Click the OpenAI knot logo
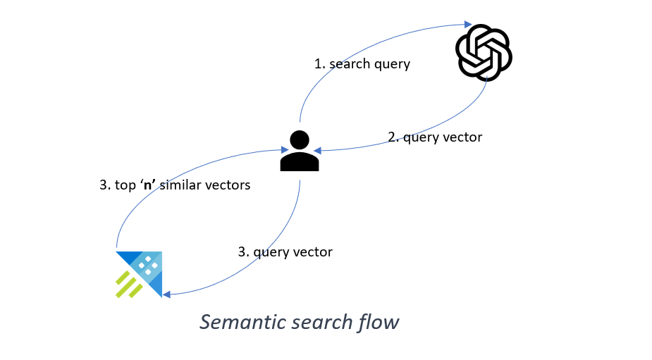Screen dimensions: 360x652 pyautogui.click(x=484, y=52)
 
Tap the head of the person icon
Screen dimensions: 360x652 pyautogui.click(x=300, y=141)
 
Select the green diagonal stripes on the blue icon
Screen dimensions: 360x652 pyautogui.click(x=129, y=285)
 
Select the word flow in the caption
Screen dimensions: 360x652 pyautogui.click(x=381, y=322)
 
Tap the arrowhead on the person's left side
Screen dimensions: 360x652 pyautogui.click(x=282, y=149)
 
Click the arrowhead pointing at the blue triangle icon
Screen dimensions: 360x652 pyautogui.click(x=166, y=294)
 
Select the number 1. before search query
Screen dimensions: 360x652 pyautogui.click(x=319, y=64)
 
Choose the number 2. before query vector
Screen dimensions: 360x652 pyautogui.click(x=393, y=137)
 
